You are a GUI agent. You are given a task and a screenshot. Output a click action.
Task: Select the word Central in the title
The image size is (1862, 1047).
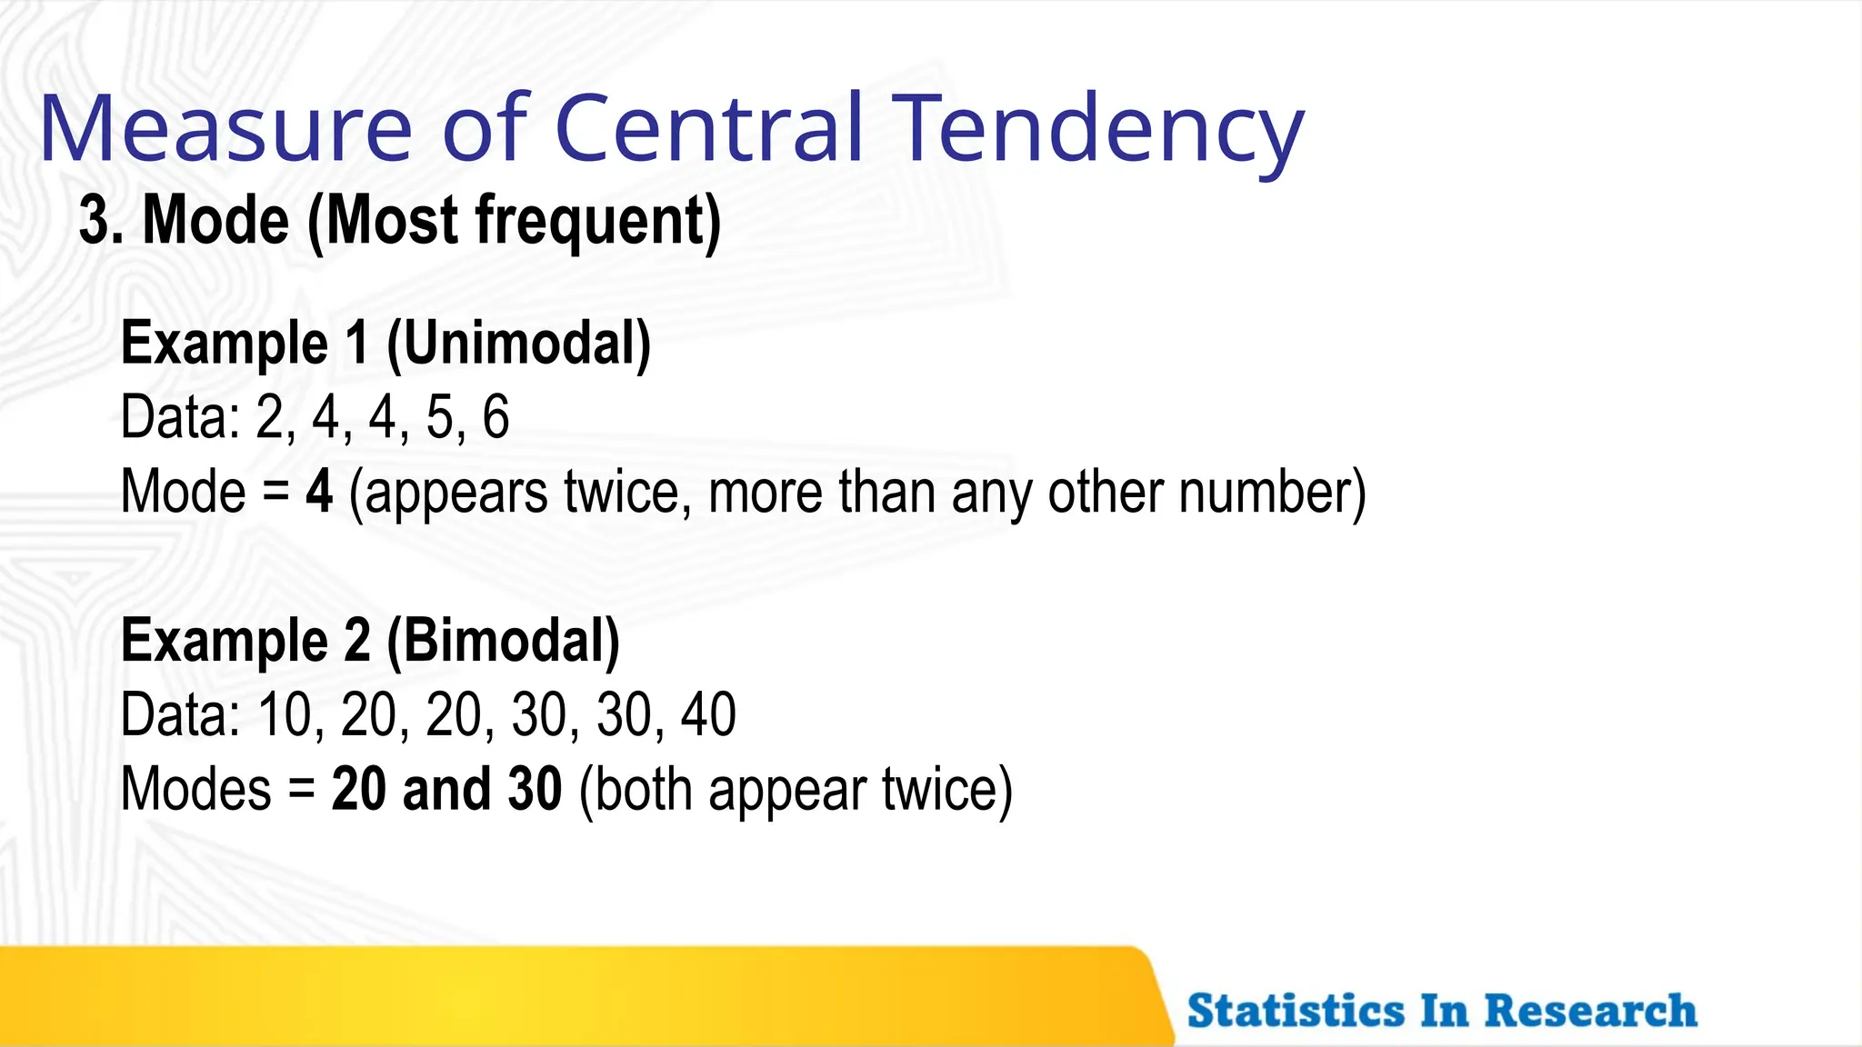click(x=708, y=129)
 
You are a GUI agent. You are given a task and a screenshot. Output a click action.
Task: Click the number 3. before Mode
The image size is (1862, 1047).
click(x=101, y=221)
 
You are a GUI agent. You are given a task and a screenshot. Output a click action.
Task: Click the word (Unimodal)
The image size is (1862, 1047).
click(x=519, y=344)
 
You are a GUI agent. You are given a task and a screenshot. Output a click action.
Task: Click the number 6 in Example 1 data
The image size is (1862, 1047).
click(x=496, y=418)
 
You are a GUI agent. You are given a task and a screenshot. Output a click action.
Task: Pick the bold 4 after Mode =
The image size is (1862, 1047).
click(x=319, y=492)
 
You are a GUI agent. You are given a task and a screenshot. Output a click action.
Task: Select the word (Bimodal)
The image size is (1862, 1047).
click(x=503, y=641)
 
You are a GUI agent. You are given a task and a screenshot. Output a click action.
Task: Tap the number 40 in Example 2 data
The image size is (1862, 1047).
click(x=708, y=715)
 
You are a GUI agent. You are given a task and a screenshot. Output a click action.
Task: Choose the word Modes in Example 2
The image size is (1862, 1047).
click(x=195, y=789)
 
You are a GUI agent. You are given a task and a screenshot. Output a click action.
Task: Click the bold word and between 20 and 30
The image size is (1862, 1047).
click(x=445, y=789)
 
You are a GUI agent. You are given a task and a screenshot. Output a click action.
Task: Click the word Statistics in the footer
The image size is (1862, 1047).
click(x=1296, y=1011)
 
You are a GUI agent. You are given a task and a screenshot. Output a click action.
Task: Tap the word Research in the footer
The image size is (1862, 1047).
click(x=1590, y=1011)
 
